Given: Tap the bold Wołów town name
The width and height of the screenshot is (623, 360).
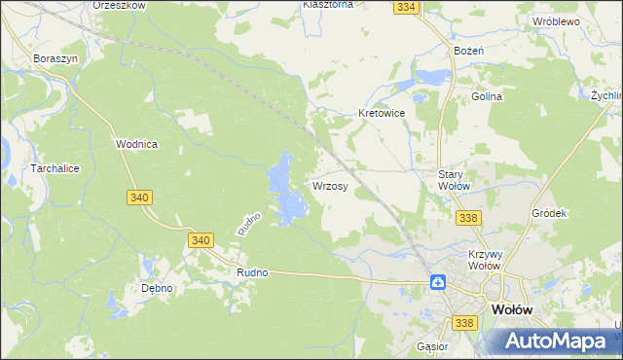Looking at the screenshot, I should (x=512, y=307).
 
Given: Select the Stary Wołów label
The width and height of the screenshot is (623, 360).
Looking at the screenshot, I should (x=454, y=179).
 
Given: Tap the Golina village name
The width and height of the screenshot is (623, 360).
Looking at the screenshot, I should (x=487, y=97).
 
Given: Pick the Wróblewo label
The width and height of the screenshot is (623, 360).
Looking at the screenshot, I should (x=556, y=20).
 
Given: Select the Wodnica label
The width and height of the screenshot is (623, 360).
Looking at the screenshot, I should (x=136, y=144).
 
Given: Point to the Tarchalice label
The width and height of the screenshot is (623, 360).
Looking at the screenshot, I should (x=33, y=167).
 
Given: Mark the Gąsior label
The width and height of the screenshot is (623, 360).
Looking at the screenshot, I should (x=430, y=346).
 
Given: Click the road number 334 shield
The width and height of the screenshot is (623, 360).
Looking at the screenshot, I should (x=407, y=7).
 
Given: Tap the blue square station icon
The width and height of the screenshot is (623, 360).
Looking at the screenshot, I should (x=439, y=282).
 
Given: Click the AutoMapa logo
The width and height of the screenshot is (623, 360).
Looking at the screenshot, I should (x=553, y=340).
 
